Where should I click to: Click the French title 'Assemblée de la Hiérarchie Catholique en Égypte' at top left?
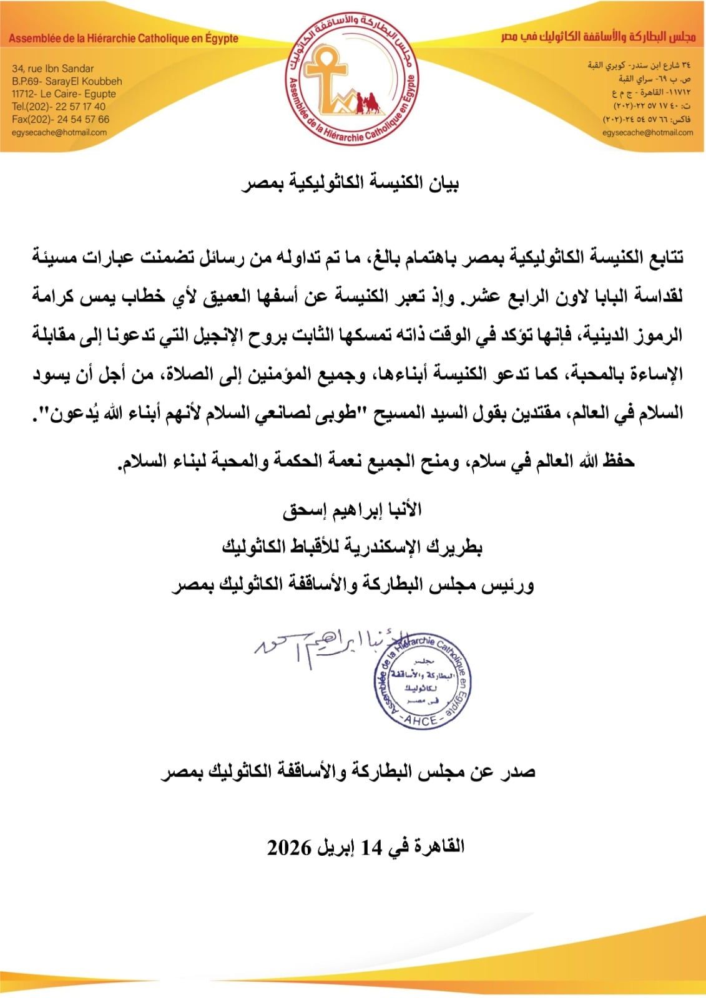pos(124,39)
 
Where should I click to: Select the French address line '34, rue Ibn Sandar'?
pos(52,69)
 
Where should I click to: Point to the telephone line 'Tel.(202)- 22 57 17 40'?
pos(59,107)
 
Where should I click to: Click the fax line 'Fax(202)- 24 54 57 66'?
pos(60,119)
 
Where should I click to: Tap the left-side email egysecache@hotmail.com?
pos(59,132)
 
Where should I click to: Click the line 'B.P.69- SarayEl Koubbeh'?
pos(67,81)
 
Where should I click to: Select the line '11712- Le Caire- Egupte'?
pos(64,94)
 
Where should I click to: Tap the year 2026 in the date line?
pos(290,847)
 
